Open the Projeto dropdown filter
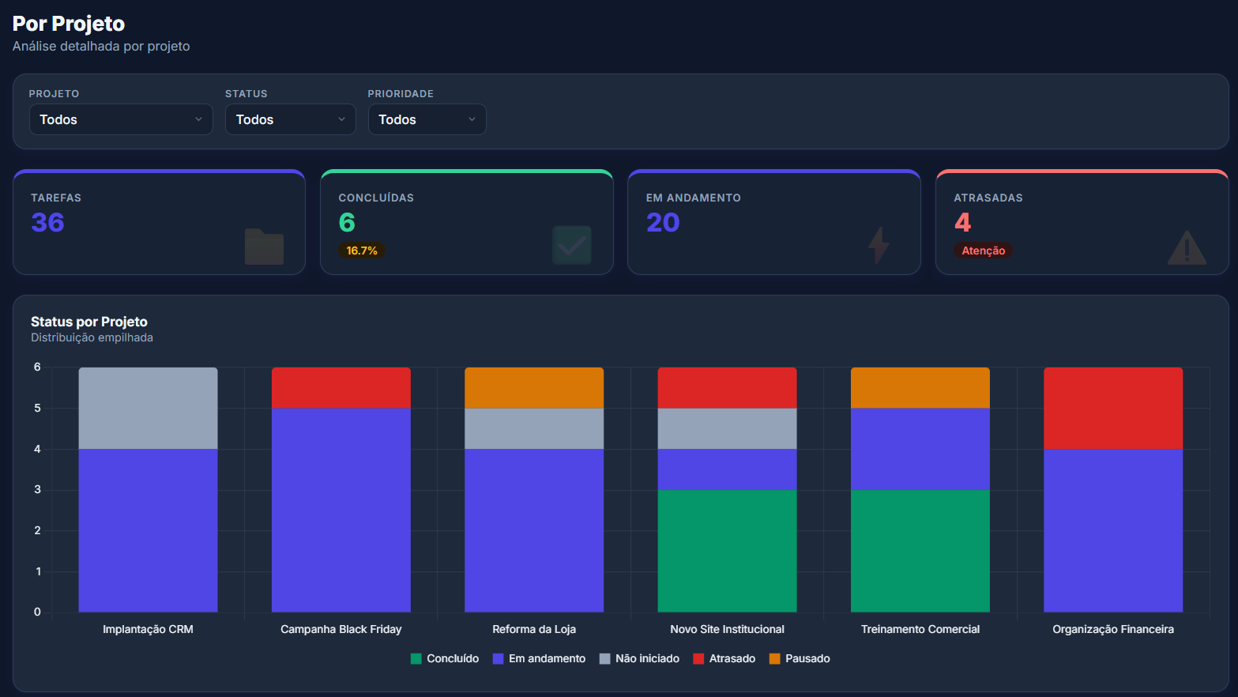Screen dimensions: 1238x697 [121, 119]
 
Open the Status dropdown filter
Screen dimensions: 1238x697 [290, 119]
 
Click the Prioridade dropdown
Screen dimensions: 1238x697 [427, 119]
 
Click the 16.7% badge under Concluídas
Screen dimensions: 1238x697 [362, 251]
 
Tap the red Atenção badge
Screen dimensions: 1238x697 [983, 251]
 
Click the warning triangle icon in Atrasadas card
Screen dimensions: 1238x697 [1187, 247]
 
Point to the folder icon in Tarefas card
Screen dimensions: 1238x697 [264, 247]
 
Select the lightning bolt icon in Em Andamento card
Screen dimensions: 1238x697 [879, 245]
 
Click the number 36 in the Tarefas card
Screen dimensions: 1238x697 [47, 222]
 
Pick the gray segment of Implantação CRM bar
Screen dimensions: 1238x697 [148, 408]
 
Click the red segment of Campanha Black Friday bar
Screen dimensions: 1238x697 [341, 387]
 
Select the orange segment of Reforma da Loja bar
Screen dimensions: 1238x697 [534, 387]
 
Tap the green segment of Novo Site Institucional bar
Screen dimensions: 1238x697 [727, 551]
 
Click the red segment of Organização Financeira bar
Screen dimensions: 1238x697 [1113, 408]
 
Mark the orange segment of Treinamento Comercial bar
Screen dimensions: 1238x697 [920, 387]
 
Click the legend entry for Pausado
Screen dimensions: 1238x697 [800, 658]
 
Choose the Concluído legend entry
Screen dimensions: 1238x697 [444, 658]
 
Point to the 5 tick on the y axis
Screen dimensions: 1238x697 [37, 408]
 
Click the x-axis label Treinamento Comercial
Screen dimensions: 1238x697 [920, 629]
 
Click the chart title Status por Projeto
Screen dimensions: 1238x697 [89, 322]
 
